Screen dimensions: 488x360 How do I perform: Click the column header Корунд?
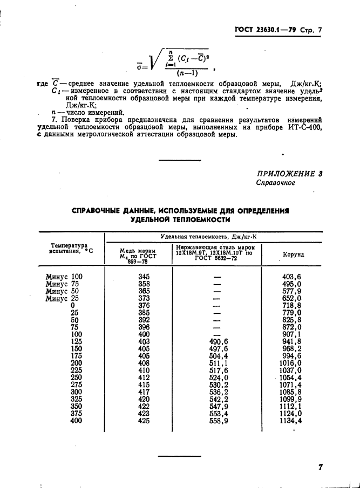coord(294,254)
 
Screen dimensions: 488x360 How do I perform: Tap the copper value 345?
coord(144,276)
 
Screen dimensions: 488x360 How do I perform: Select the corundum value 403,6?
coord(291,276)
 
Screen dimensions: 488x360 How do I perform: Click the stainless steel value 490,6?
coord(218,341)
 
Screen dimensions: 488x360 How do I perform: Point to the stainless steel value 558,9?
coord(218,421)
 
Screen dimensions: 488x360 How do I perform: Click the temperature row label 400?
coord(76,421)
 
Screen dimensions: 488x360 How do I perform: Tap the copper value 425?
coord(144,421)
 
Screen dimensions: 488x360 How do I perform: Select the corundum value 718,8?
coord(291,305)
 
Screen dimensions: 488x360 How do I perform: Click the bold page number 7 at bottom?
coord(321,468)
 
